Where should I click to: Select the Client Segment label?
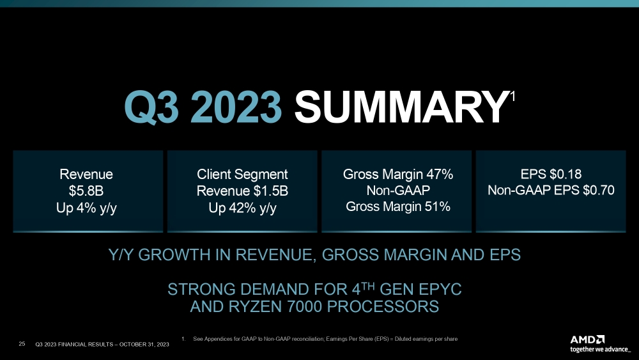click(x=242, y=174)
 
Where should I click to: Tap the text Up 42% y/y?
click(x=242, y=207)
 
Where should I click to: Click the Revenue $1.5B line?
click(x=242, y=191)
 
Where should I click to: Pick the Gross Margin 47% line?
click(x=397, y=174)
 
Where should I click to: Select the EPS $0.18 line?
click(x=551, y=173)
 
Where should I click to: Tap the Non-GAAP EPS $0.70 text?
click(x=551, y=190)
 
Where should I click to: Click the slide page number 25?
click(x=22, y=345)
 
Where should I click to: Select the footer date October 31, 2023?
click(x=140, y=345)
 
